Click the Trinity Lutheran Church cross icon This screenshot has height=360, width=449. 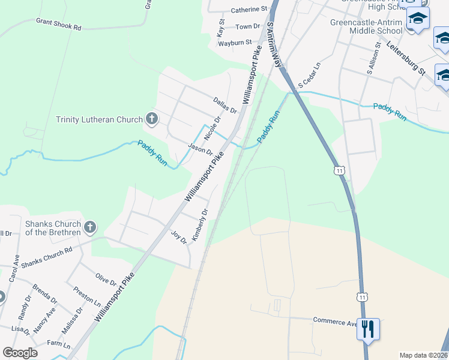click(x=151, y=118)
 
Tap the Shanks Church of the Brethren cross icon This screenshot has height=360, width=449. click(x=90, y=227)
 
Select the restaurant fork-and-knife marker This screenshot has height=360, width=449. click(x=368, y=329)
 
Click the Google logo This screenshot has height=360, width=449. click(x=20, y=353)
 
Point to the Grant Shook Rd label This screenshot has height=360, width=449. click(x=58, y=25)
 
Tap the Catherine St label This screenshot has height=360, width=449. click(x=249, y=10)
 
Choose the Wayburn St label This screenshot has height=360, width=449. click(x=234, y=43)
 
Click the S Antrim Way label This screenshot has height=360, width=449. click(x=274, y=46)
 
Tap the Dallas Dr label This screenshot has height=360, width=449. click(x=225, y=106)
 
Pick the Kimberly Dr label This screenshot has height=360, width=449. click(x=199, y=226)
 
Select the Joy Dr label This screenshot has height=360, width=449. click(x=179, y=237)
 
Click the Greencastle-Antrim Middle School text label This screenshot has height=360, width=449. click(x=366, y=27)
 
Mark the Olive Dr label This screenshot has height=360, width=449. click(x=106, y=280)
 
